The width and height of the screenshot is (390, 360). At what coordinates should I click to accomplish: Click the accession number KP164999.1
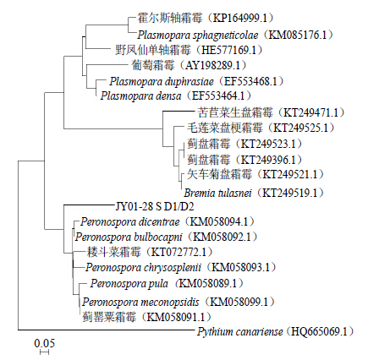[x=239, y=18]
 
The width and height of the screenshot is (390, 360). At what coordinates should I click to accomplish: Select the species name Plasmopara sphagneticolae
[x=198, y=35]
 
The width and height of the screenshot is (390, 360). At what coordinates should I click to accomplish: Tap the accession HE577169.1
[x=228, y=50]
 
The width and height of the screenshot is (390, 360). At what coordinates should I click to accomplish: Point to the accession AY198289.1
[x=212, y=65]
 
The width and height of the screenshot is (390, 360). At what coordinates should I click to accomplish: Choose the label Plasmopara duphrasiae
[x=162, y=82]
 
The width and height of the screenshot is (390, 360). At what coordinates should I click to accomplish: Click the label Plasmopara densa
[x=140, y=96]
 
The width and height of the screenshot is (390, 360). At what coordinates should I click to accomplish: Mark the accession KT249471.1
[x=310, y=112]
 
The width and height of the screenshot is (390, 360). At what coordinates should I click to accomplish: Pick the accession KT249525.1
[x=300, y=128]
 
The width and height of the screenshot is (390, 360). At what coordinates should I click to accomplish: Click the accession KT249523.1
[x=268, y=144]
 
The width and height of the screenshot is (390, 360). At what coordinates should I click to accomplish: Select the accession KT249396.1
[x=268, y=160]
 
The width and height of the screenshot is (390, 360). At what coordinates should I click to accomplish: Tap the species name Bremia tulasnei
[x=217, y=193]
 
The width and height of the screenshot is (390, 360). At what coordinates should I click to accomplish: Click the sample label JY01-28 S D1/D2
[x=155, y=207]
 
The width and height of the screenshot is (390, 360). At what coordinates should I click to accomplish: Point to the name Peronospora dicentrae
[x=130, y=222]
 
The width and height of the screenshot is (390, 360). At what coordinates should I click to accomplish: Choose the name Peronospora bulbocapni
[x=129, y=237]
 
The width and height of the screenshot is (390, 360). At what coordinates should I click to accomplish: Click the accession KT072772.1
[x=179, y=252]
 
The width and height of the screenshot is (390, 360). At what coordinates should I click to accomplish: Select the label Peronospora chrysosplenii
[x=143, y=267]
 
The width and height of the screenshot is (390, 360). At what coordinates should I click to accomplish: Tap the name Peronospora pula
[x=129, y=283]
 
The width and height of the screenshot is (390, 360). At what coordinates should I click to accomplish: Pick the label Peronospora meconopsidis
[x=140, y=303]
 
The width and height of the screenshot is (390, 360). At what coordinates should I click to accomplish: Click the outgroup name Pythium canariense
[x=240, y=332]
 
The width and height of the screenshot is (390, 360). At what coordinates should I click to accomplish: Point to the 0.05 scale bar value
[x=45, y=343]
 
